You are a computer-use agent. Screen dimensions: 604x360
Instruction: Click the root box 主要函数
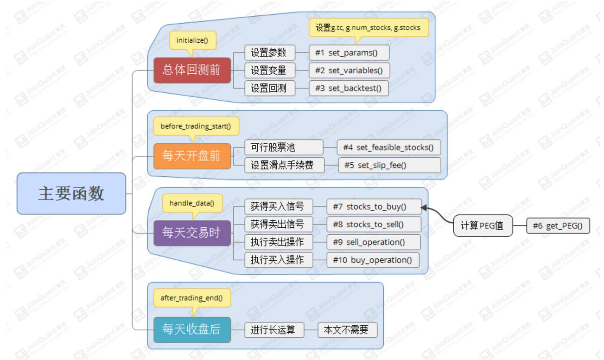71,193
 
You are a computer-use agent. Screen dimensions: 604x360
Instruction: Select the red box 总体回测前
192,70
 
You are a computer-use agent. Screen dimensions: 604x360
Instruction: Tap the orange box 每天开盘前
192,156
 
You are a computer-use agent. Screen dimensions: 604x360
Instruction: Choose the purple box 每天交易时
192,232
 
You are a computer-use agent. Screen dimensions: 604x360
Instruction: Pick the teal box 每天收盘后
192,329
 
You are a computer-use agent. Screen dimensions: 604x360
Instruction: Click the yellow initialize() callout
192,40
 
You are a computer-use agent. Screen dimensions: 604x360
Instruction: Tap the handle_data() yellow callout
192,203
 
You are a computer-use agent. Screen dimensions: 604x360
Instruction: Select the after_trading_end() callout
191,298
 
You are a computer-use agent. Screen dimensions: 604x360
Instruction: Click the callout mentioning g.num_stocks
368,28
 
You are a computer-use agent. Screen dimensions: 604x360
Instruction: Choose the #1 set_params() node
349,52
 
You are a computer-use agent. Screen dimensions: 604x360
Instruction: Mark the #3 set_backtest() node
349,88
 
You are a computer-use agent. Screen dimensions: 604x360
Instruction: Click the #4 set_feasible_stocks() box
388,148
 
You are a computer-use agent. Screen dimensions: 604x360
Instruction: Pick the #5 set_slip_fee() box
389,165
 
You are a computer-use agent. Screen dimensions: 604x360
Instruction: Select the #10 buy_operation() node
372,260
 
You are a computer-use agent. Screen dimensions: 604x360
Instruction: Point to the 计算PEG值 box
483,226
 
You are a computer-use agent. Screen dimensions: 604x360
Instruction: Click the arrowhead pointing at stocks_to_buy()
424,208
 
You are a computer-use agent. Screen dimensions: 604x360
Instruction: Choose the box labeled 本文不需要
347,330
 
